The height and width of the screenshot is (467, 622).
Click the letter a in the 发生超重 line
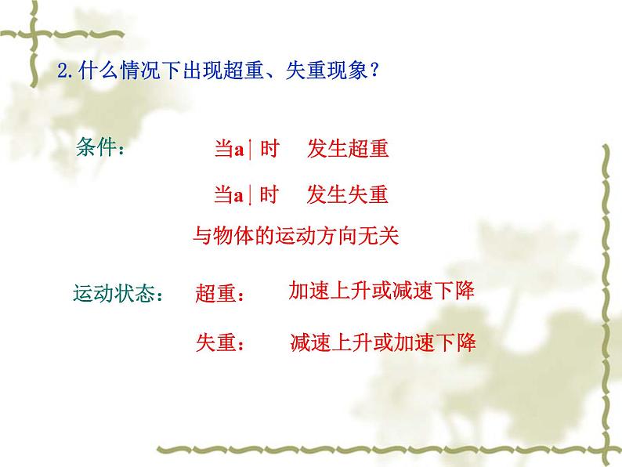click(240, 150)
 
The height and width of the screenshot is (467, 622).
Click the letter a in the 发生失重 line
click(240, 195)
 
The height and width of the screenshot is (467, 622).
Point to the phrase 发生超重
click(348, 150)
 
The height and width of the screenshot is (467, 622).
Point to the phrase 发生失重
click(348, 194)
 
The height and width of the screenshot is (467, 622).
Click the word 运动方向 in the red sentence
click(316, 237)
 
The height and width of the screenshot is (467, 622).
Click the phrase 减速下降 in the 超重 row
click(438, 291)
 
